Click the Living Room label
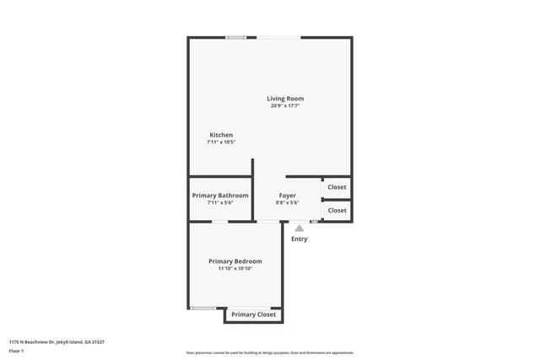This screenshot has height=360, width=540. coord(286,99)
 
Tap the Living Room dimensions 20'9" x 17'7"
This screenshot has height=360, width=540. coord(286,106)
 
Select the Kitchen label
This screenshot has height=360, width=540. coord(221,135)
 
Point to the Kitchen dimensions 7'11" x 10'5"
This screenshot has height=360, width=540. coord(221,142)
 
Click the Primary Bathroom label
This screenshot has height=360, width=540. coord(220,196)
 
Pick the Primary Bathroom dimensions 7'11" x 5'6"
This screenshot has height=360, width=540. coord(220,203)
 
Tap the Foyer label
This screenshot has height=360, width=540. coord(288,196)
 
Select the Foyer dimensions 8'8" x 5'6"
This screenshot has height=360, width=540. coord(288,203)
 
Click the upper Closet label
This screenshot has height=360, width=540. coord(337,187)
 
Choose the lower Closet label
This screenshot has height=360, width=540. coord(337,210)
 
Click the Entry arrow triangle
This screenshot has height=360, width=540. coord(299,228)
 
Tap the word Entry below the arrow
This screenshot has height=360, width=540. coord(299,239)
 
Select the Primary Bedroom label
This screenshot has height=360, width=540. coord(235,261)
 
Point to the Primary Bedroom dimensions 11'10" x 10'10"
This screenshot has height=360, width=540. coord(235,269)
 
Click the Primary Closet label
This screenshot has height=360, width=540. coord(254,314)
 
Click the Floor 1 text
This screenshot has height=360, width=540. coord(16,350)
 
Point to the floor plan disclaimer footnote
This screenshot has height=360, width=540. coord(270,352)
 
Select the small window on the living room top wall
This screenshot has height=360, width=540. coord(235,37)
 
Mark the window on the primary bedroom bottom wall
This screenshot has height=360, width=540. coord(202,308)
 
